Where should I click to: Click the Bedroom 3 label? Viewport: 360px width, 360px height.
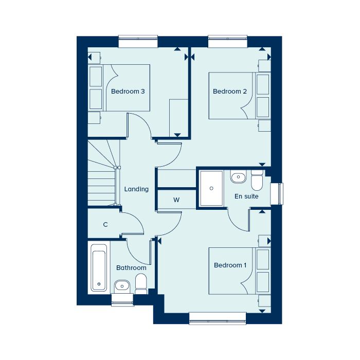pyautogui.click(x=128, y=92)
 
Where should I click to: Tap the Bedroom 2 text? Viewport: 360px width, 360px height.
pyautogui.click(x=230, y=92)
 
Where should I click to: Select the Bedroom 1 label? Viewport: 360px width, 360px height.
pyautogui.click(x=230, y=265)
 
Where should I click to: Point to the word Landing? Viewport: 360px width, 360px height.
pyautogui.click(x=136, y=189)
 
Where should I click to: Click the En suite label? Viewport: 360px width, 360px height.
pyautogui.click(x=246, y=196)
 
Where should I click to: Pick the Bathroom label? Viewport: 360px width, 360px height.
pyautogui.click(x=131, y=268)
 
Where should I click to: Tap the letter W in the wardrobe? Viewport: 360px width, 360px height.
pyautogui.click(x=176, y=200)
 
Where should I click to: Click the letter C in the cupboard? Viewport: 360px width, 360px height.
pyautogui.click(x=105, y=225)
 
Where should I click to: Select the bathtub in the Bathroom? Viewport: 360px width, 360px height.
pyautogui.click(x=99, y=268)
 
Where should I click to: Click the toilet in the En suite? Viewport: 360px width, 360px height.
pyautogui.click(x=257, y=180)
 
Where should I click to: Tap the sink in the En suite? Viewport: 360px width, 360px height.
pyautogui.click(x=238, y=177)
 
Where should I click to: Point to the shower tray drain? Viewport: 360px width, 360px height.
pyautogui.click(x=211, y=188)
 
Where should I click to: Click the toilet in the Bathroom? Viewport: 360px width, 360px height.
pyautogui.click(x=141, y=285)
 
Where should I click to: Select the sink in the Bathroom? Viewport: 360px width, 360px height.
pyautogui.click(x=122, y=286)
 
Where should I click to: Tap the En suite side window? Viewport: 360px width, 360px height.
pyautogui.click(x=277, y=194)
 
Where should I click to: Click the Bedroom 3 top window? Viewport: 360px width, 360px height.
pyautogui.click(x=138, y=41)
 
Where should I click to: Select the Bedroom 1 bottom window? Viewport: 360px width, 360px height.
pyautogui.click(x=218, y=318)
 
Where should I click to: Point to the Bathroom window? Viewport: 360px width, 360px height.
pyautogui.click(x=122, y=300)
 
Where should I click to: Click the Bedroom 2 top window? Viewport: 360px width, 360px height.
pyautogui.click(x=227, y=41)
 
